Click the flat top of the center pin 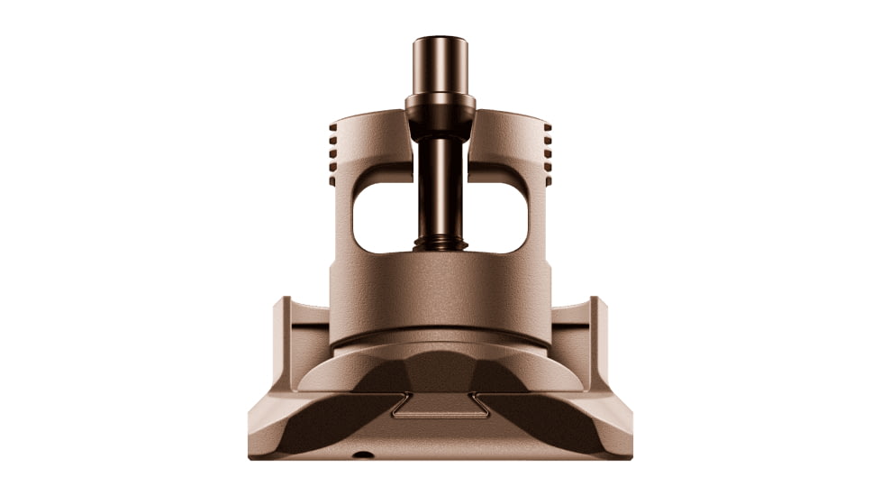point(440,40)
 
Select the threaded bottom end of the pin point(440,243)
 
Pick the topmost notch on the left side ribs point(333,130)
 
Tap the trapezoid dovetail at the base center point(440,407)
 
